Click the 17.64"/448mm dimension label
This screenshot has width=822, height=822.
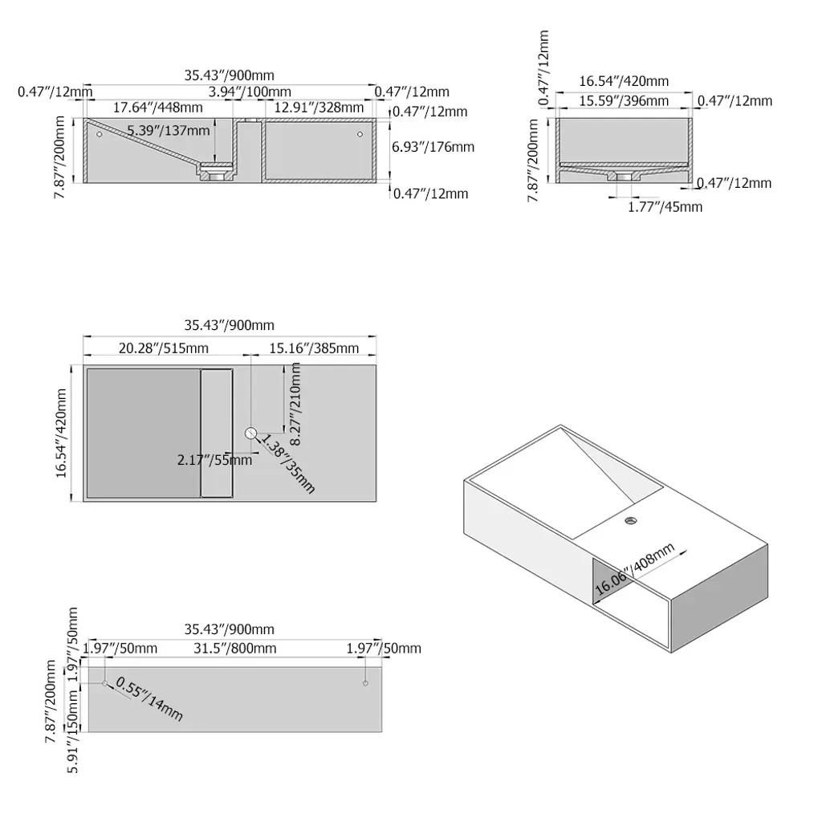[x=158, y=108]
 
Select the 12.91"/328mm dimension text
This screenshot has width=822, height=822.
[x=319, y=108]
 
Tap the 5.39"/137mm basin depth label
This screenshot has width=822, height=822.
[x=169, y=130]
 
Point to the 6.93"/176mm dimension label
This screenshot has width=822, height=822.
[x=433, y=147]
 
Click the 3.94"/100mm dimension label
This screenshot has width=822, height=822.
[x=250, y=92]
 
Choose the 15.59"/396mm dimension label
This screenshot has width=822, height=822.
[x=624, y=100]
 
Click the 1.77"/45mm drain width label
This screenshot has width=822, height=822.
[x=665, y=206]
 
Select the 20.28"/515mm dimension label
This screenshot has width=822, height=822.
[x=164, y=348]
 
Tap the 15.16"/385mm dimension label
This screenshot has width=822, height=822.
[x=314, y=348]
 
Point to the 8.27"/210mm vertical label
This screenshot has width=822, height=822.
[x=295, y=404]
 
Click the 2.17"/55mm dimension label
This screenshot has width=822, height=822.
[x=214, y=460]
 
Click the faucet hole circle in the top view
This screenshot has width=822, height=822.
[x=251, y=433]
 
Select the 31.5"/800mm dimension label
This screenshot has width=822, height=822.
[x=235, y=649]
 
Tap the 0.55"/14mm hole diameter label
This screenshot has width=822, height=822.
[x=149, y=698]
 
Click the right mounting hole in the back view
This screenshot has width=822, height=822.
[x=365, y=683]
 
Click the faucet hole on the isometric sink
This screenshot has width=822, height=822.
[x=631, y=520]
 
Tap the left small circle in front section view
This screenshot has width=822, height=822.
[x=100, y=134]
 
